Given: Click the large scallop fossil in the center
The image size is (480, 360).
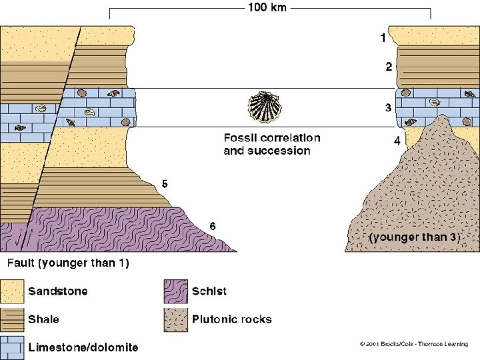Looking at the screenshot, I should click(266, 107).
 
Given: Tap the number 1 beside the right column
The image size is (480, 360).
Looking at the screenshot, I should click(383, 39).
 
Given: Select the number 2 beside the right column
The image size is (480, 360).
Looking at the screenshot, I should click(388, 67).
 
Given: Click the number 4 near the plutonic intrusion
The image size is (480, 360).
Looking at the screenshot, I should click(397, 141).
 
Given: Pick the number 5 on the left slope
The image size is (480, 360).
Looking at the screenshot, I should click(164, 183).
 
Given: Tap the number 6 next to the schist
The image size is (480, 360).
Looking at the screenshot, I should click(212, 227).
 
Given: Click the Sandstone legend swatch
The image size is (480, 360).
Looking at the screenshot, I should click(11, 291).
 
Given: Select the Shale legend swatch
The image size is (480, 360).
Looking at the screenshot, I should click(11, 319).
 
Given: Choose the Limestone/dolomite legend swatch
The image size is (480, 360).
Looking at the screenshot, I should click(11, 347).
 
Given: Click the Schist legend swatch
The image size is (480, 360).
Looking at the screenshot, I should click(175, 291).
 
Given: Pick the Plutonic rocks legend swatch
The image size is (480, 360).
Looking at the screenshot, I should click(175, 319).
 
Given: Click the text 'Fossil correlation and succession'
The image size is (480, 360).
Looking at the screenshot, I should click(271, 144).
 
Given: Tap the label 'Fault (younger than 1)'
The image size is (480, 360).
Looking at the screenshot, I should click(69, 263).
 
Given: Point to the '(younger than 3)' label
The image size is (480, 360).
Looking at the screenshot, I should click(415, 237).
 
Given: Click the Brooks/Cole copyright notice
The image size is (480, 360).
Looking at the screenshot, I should click(413, 345).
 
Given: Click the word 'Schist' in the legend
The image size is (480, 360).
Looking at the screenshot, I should click(209, 291).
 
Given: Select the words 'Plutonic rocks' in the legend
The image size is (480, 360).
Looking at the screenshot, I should click(231, 319).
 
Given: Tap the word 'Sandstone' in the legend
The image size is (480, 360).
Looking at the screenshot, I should click(57, 291).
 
